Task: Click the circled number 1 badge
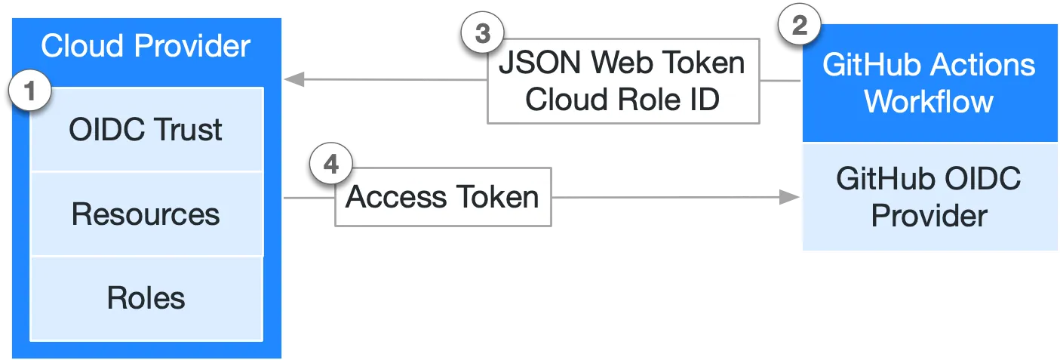pos(29,92)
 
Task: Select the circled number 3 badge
pos(481,34)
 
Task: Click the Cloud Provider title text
pos(146,46)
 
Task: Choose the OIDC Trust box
pos(146,130)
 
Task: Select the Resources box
pos(146,214)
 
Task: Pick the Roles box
pos(146,298)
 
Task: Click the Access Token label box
pos(443,198)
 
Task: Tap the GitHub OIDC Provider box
pos(929,197)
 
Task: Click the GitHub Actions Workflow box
pos(929,83)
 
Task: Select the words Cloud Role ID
pos(622,100)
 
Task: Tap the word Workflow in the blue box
pos(929,101)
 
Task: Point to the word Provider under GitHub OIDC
pos(929,216)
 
